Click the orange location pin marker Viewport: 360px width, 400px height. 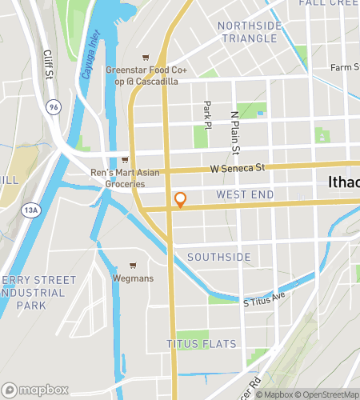pos(180,200)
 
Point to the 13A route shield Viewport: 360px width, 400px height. pos(30,210)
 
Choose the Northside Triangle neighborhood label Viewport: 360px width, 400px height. pos(250,32)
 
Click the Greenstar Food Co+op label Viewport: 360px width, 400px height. pos(146,76)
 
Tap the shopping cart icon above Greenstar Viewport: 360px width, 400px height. pos(145,57)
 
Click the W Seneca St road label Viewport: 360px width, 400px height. pos(237,168)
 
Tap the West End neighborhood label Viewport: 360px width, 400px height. pos(245,195)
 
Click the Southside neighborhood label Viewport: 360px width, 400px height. pos(218,257)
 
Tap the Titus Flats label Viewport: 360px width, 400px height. pos(201,344)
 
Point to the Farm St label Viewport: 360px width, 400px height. pos(346,67)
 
